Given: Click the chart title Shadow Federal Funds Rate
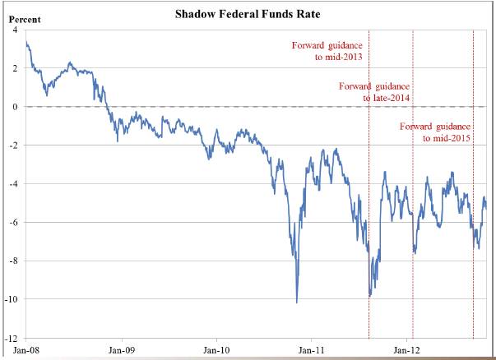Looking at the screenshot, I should [249, 14].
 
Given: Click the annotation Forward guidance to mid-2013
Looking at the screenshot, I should [327, 51].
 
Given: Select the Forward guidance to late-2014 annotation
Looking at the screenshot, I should [374, 91].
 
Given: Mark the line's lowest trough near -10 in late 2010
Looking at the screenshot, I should [296, 302].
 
